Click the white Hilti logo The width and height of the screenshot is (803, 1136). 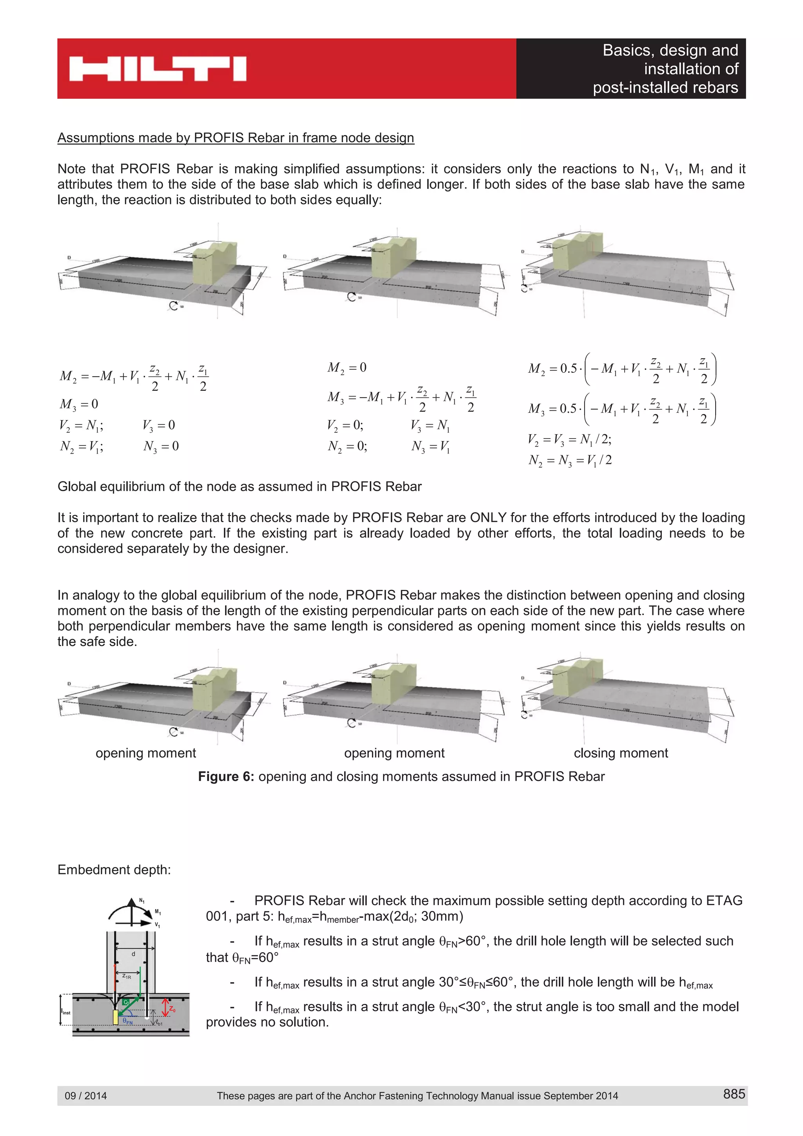pos(157,69)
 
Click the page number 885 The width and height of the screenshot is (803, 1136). pos(733,1093)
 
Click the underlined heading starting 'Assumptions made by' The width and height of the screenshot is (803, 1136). pos(236,138)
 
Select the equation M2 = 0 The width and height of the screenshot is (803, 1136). pos(347,368)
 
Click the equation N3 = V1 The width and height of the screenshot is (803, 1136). pos(431,447)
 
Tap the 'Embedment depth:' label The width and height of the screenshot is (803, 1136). pos(114,869)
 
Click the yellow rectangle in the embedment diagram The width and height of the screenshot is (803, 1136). pos(115,1017)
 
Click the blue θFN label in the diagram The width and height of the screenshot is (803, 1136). pos(128,1021)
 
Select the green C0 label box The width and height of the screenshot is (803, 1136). pos(126,1002)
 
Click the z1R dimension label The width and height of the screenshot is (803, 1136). pos(127,977)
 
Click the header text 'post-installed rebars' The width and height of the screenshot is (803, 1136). pos(665,87)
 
